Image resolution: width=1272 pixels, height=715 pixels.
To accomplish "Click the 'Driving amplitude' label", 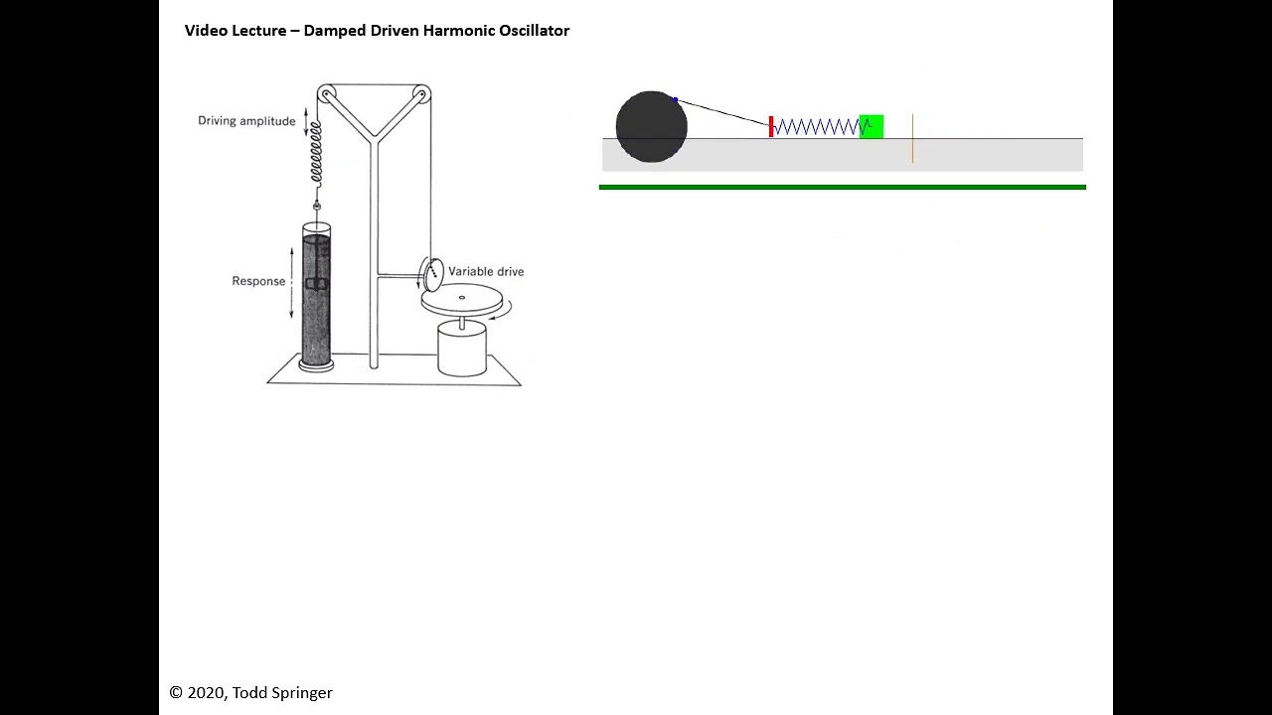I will pyautogui.click(x=246, y=121).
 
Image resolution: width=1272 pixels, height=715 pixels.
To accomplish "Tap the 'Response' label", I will pyautogui.click(x=258, y=281).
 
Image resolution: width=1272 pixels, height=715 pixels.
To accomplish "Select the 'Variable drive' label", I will pyautogui.click(x=486, y=271).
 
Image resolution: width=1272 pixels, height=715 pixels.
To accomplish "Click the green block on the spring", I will pyautogui.click(x=872, y=126).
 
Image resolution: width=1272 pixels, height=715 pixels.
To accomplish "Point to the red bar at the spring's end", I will pyautogui.click(x=771, y=126).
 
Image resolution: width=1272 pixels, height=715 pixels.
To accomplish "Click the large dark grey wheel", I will pyautogui.click(x=651, y=126).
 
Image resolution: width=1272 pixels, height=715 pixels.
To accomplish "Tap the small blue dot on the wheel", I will pyautogui.click(x=676, y=99).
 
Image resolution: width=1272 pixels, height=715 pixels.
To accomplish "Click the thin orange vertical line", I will pyautogui.click(x=912, y=139).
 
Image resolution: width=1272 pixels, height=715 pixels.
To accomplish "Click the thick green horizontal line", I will pyautogui.click(x=843, y=187).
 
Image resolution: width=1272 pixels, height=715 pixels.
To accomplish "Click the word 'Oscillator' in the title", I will pyautogui.click(x=536, y=31).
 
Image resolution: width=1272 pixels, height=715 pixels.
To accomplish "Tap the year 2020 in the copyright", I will pyautogui.click(x=206, y=693).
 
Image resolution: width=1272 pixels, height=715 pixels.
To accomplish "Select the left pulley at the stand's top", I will pyautogui.click(x=327, y=94).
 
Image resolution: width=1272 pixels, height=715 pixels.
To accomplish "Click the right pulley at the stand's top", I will pyautogui.click(x=421, y=95).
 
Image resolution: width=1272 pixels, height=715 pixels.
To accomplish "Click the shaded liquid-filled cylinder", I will pyautogui.click(x=317, y=298).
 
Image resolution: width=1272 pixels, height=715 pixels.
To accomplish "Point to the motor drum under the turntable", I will pyautogui.click(x=462, y=349).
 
